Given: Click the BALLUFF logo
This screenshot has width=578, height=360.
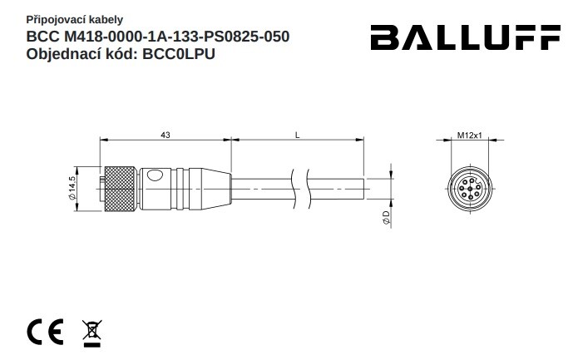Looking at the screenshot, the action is pos(465,37).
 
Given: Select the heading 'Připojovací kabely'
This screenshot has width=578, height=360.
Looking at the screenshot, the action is pos(75,19).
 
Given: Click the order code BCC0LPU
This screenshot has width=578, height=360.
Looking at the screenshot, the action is pos(179,54).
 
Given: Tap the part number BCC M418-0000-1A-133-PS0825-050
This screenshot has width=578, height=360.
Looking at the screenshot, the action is pos(158,37).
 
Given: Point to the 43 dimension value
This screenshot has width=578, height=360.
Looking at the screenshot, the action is pos(165,136).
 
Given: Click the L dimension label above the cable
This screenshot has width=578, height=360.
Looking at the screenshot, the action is pos(298,136).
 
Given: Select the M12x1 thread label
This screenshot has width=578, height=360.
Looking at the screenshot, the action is pos(470,136).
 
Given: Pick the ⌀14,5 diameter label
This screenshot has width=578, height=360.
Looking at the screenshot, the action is pos(72,188).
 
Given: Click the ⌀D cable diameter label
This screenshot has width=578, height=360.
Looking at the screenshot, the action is pos(386,218).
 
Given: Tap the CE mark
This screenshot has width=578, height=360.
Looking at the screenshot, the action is pos(45,332).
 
